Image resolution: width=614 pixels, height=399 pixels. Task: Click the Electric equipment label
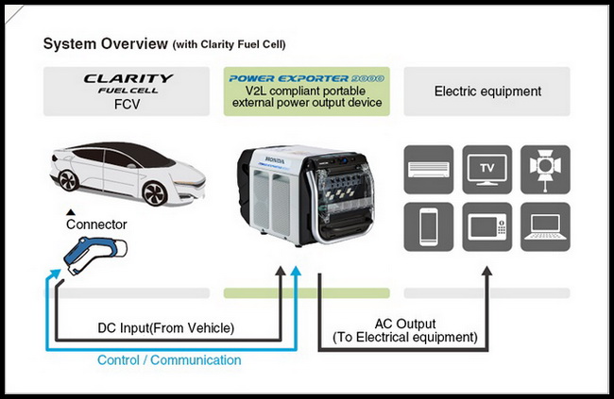[487, 91]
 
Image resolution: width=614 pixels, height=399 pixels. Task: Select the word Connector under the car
[96, 224]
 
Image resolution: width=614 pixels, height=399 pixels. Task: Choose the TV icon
[486, 170]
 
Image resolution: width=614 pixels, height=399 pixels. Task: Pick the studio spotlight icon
[545, 170]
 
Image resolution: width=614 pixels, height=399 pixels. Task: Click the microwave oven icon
[486, 227]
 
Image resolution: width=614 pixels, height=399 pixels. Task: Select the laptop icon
[545, 227]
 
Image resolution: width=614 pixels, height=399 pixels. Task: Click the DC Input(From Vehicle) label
[166, 328]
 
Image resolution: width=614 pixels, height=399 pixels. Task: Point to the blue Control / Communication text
[169, 359]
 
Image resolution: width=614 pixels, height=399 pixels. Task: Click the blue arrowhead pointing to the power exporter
[297, 271]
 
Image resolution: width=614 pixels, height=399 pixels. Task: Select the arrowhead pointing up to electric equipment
[486, 271]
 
